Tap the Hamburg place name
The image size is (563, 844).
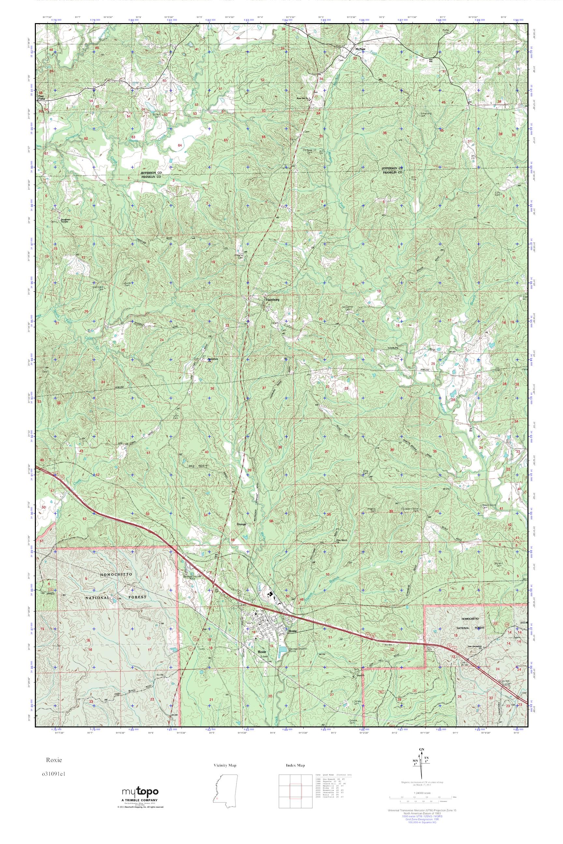click(x=272, y=299)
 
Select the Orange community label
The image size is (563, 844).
click(x=242, y=524)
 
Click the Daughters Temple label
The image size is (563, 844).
click(x=67, y=220)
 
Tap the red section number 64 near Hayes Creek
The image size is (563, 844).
click(x=180, y=145)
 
